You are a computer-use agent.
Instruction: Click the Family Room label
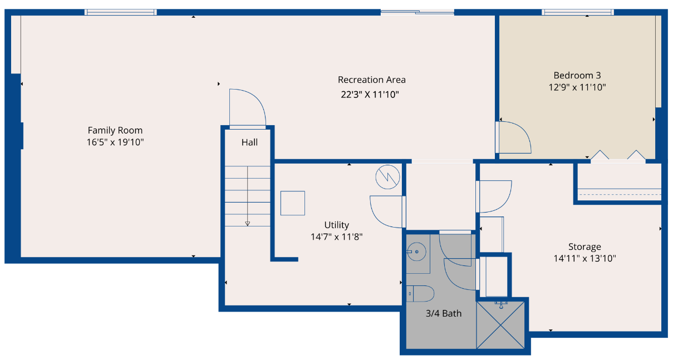[115, 131]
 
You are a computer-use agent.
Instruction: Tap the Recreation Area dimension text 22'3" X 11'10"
[370, 95]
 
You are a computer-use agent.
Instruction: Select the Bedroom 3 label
[577, 75]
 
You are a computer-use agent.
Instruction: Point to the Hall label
[250, 142]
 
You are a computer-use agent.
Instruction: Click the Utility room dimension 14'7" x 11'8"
[336, 237]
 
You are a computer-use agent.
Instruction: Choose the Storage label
[584, 247]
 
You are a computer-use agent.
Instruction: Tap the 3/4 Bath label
[444, 313]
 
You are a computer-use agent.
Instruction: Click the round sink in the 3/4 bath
[417, 252]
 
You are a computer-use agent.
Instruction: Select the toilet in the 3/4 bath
[420, 294]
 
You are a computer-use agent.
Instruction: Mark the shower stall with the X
[500, 325]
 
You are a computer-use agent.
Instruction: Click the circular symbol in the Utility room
[387, 177]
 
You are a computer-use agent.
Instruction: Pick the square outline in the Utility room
[293, 203]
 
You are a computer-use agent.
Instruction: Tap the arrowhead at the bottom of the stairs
[247, 224]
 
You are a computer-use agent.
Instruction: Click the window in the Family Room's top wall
[120, 12]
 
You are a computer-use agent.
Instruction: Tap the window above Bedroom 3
[578, 12]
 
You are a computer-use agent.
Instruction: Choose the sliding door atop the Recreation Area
[417, 12]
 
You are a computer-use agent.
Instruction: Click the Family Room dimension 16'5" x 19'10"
[115, 142]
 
